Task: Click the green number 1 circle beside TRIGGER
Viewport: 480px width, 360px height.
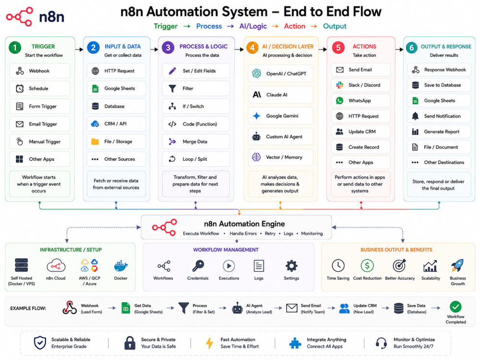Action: click(15, 48)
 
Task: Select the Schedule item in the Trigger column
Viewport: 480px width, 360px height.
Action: click(40, 88)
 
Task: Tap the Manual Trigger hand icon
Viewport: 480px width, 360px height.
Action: click(20, 142)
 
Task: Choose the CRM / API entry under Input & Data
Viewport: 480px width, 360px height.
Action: click(116, 124)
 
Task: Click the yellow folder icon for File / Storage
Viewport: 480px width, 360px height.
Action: click(95, 142)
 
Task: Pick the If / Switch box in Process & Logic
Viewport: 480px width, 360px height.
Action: click(196, 106)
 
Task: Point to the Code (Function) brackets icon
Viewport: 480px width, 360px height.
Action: click(172, 124)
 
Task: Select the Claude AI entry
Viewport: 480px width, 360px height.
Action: click(280, 95)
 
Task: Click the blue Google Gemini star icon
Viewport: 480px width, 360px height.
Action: click(256, 116)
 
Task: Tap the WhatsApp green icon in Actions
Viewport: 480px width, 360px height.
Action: click(339, 100)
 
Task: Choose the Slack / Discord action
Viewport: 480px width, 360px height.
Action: click(360, 85)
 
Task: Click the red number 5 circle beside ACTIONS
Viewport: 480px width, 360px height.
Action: click(338, 48)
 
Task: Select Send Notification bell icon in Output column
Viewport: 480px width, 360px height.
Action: click(415, 116)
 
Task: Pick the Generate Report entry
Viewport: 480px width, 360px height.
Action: click(439, 132)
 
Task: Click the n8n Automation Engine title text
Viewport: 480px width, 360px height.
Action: click(245, 224)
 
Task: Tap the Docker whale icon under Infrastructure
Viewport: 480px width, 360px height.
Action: click(120, 266)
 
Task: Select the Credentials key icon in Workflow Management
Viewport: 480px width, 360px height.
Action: click(198, 266)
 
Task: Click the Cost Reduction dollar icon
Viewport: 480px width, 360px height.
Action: click(367, 266)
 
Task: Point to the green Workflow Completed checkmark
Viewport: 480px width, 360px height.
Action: click(456, 307)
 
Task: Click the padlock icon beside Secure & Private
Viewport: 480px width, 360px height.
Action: click(130, 343)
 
